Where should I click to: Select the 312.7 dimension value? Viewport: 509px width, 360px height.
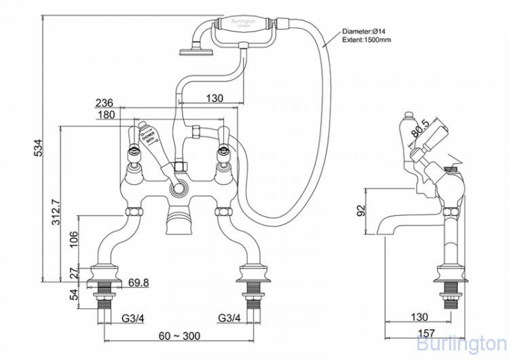pyautogui.click(x=57, y=211)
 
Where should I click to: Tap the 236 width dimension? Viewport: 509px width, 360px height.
pyautogui.click(x=104, y=103)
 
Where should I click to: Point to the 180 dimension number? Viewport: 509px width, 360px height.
pyautogui.click(x=106, y=115)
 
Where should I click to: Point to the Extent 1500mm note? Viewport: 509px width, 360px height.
pyautogui.click(x=367, y=41)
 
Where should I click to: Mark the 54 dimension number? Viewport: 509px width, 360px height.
pyautogui.click(x=75, y=293)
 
